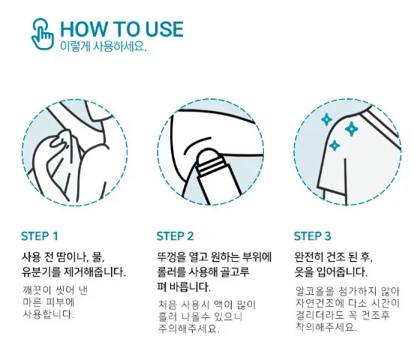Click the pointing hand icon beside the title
coord(43,34)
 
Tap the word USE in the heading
coord(164,29)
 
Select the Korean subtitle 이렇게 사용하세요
coord(103,46)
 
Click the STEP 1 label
coord(39,236)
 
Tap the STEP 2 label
coord(175,236)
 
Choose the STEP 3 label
coord(312,236)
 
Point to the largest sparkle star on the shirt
coord(352,129)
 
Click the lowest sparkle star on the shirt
coord(334,145)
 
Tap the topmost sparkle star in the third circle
coord(327,120)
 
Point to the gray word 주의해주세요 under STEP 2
coord(188,328)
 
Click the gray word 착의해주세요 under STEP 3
coord(325,327)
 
